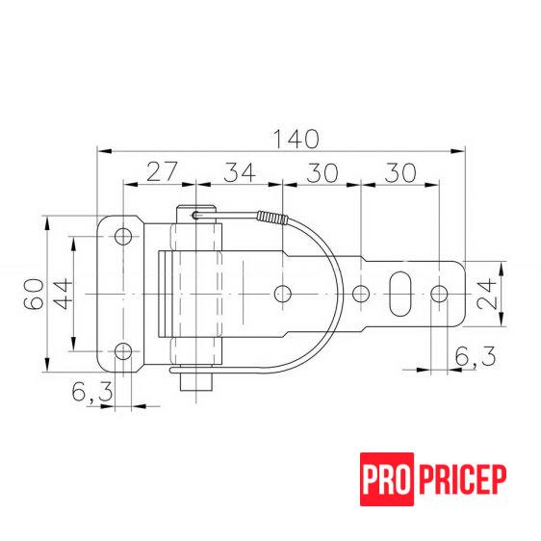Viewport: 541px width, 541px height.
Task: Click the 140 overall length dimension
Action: pyautogui.click(x=295, y=138)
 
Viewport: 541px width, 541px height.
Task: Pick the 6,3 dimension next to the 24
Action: pyautogui.click(x=474, y=357)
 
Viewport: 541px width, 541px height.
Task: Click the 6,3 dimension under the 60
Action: pyautogui.click(x=91, y=392)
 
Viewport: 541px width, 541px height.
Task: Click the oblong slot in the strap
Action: pyautogui.click(x=399, y=293)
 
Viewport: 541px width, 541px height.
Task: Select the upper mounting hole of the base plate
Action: pyautogui.click(x=123, y=236)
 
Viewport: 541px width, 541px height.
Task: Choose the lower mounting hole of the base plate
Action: pyautogui.click(x=123, y=350)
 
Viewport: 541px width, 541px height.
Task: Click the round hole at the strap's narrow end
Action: pyautogui.click(x=438, y=293)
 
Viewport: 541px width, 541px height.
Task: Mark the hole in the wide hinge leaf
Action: pyautogui.click(x=281, y=293)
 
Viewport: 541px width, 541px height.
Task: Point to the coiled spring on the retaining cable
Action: pyautogui.click(x=273, y=219)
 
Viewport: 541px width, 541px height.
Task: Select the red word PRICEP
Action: pyautogui.click(x=460, y=478)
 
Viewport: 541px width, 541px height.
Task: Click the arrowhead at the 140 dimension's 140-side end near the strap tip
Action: pyautogui.click(x=456, y=150)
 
